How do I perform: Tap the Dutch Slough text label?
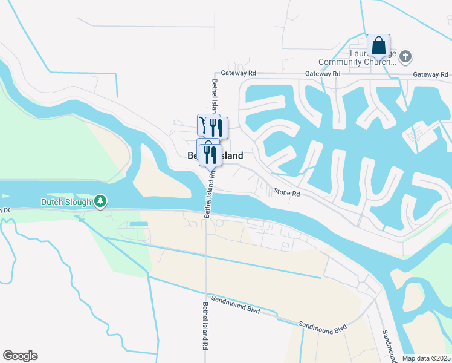point(66,202)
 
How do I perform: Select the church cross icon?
point(405,57)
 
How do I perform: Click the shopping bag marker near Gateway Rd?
point(379,45)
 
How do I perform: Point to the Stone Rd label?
point(287,193)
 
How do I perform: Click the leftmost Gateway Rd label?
point(239,73)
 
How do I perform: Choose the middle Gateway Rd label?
point(323,74)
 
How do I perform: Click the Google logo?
point(20,356)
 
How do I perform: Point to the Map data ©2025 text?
point(427,358)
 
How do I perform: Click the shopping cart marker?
point(203,125)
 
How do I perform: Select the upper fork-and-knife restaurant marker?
point(216,126)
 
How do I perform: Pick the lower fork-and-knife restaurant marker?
point(210,155)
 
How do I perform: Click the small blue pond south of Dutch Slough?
point(138,224)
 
